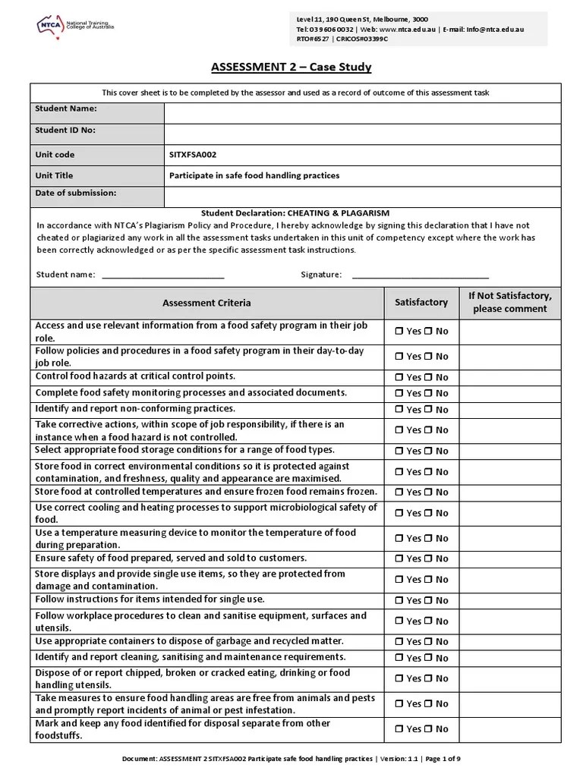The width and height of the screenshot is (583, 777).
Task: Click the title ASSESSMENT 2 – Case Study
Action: tap(291, 68)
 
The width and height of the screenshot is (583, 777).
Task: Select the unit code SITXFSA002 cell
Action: tap(193, 155)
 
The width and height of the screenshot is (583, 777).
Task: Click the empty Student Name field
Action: tap(362, 113)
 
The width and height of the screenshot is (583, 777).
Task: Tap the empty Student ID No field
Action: tap(362, 134)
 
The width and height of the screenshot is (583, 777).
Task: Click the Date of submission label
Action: tap(76, 193)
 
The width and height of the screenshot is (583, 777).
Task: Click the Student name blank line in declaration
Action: tap(162, 274)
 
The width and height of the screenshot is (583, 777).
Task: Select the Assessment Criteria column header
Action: tap(206, 303)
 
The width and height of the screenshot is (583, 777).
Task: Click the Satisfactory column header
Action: tap(421, 303)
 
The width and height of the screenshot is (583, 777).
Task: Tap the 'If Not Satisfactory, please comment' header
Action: tap(509, 303)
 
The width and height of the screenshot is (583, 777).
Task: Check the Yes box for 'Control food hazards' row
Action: tap(399, 377)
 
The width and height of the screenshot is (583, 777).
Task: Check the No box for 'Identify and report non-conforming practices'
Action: tap(428, 410)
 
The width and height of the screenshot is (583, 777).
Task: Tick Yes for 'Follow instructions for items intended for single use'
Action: tap(399, 600)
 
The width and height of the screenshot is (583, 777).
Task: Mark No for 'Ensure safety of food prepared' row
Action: tap(428, 559)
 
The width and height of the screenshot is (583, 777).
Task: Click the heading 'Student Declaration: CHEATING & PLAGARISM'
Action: tap(295, 213)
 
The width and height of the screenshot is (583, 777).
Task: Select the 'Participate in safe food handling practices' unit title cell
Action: tap(254, 175)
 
